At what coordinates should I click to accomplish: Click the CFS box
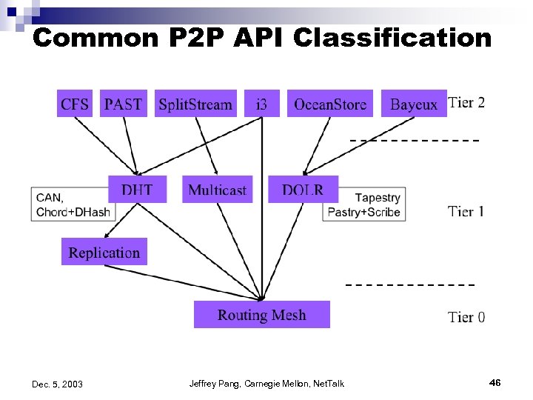[x=75, y=104]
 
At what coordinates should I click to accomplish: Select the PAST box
[x=123, y=104]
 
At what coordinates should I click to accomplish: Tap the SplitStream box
[x=195, y=104]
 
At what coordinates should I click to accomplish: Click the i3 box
[x=261, y=104]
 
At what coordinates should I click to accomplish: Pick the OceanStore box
[x=330, y=104]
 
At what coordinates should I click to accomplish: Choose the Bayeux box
[x=414, y=104]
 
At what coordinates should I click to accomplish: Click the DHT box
[x=137, y=190]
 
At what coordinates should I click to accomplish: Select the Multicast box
[x=217, y=190]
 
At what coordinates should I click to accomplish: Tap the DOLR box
[x=303, y=190]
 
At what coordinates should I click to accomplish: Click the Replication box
[x=104, y=252]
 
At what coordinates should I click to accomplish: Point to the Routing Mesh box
[x=261, y=315]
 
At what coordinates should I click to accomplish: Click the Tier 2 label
[x=466, y=102]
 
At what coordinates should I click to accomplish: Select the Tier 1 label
[x=466, y=212]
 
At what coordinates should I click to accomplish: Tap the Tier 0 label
[x=466, y=317]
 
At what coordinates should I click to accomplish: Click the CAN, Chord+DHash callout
[x=71, y=204]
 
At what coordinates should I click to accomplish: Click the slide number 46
[x=495, y=382]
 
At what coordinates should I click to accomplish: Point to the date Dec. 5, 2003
[x=58, y=384]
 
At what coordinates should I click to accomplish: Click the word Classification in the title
[x=392, y=38]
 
